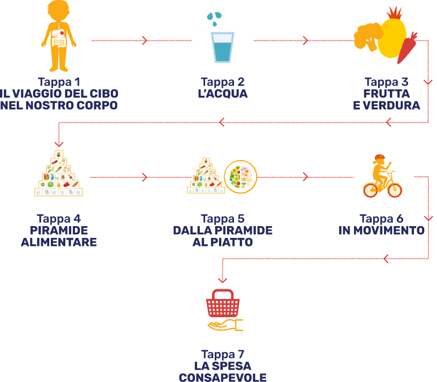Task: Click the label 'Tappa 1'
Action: (x=59, y=83)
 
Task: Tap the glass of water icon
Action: (x=222, y=47)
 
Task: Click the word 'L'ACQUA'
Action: (x=222, y=94)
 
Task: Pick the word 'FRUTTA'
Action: (x=386, y=94)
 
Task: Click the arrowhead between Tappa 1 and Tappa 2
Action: (x=145, y=40)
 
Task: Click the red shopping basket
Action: (x=222, y=305)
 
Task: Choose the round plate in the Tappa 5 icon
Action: (x=240, y=177)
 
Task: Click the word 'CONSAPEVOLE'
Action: (x=222, y=377)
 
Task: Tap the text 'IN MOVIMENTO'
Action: (x=382, y=231)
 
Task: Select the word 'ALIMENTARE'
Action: (x=59, y=242)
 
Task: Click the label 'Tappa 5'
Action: (x=222, y=219)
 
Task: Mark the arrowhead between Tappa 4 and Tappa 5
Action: (x=145, y=177)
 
